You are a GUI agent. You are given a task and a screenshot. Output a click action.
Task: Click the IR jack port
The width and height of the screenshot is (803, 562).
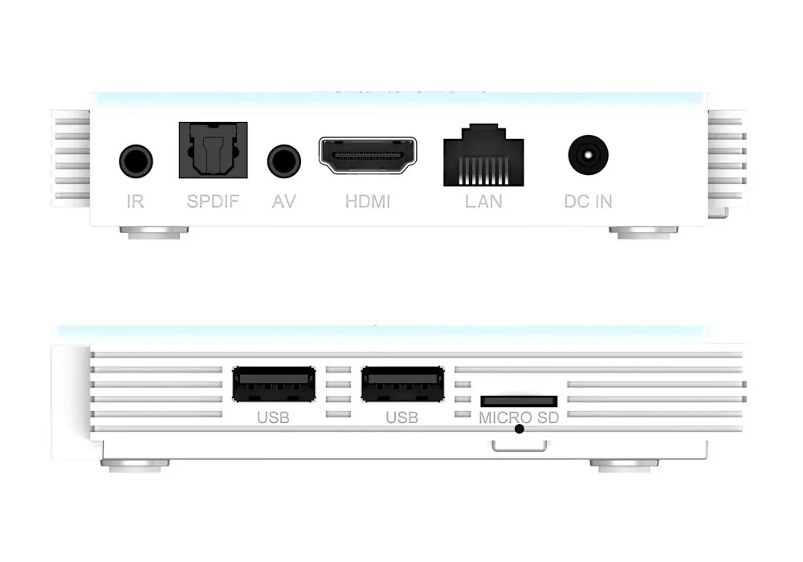click(136, 161)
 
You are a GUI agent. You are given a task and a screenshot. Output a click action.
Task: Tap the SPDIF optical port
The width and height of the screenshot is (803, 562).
click(213, 150)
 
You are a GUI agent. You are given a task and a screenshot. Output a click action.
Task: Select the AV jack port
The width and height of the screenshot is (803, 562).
click(283, 161)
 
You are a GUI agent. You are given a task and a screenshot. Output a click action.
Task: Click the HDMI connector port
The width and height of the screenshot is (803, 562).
click(368, 155)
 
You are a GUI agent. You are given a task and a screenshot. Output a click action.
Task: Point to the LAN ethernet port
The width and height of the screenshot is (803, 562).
click(483, 155)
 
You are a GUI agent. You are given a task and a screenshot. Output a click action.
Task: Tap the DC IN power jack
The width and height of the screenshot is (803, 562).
click(589, 155)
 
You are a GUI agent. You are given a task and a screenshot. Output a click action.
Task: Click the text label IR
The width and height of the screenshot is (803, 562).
click(135, 202)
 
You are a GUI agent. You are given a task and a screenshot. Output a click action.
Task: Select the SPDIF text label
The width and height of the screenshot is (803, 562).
click(213, 202)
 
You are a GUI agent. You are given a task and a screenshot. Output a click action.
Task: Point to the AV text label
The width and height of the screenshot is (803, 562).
click(283, 202)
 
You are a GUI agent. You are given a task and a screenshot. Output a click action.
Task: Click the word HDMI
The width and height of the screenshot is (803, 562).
click(368, 202)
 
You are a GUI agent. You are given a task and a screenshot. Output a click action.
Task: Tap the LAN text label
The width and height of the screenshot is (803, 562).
click(483, 202)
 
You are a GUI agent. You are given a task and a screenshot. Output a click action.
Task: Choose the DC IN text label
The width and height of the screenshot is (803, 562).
click(588, 202)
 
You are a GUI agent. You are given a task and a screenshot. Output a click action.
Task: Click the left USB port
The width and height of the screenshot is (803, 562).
click(274, 384)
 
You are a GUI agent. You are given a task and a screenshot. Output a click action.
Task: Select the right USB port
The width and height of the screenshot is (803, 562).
click(402, 384)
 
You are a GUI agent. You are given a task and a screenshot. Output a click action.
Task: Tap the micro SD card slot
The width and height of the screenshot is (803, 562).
click(519, 401)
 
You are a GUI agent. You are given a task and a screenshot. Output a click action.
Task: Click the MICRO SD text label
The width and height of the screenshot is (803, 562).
click(519, 417)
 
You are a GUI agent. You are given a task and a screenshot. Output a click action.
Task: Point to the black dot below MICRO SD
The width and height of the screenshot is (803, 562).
click(520, 429)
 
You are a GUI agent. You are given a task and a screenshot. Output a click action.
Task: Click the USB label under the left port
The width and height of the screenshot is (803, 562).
click(273, 417)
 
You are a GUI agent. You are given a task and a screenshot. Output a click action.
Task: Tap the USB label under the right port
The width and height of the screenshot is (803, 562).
click(402, 417)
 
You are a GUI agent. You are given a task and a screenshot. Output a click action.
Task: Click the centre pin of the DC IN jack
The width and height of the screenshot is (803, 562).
click(589, 155)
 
